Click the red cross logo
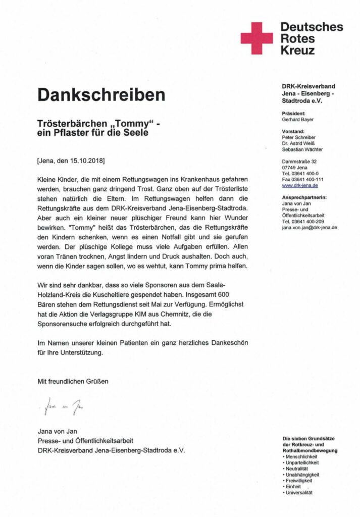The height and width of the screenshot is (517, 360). point(256,38)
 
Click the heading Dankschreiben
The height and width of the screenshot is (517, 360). point(101,94)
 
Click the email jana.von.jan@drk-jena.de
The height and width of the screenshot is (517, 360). point(310,228)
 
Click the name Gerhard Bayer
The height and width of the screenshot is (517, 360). point(297,120)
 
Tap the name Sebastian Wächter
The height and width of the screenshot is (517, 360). point(302,149)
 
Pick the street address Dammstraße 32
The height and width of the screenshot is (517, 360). point(299,162)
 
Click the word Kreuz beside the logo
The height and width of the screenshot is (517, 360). point(297,50)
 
